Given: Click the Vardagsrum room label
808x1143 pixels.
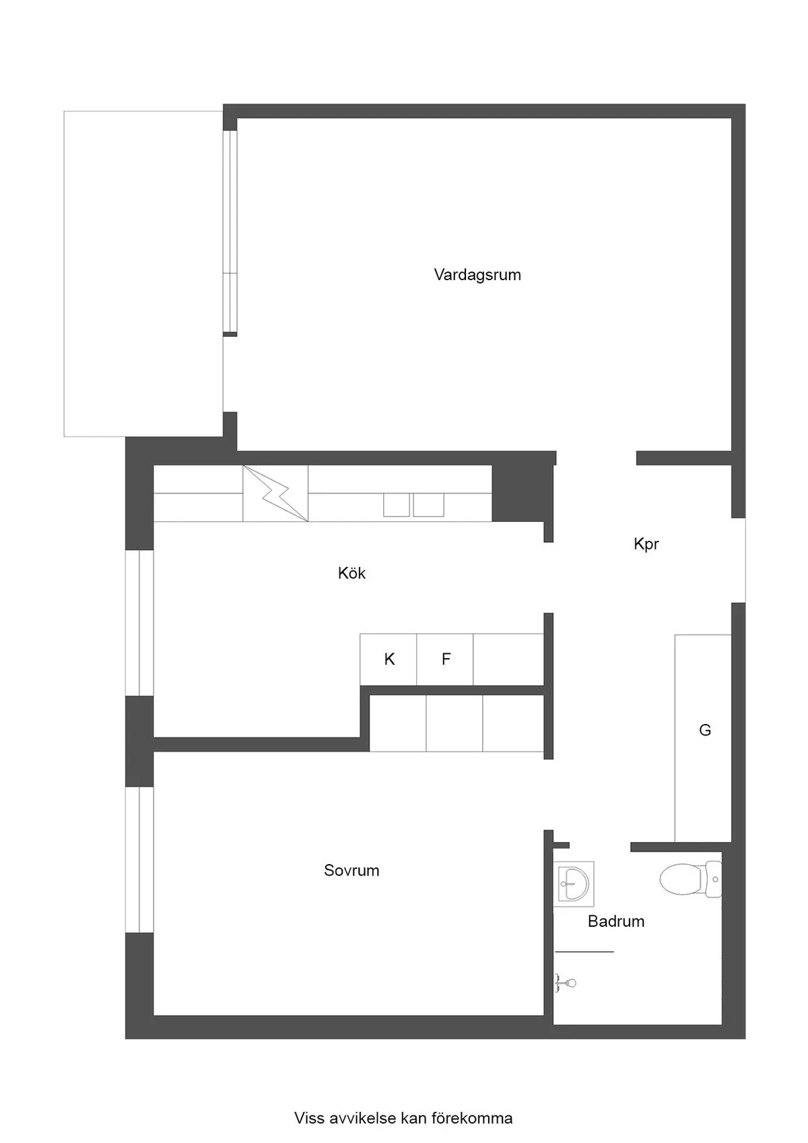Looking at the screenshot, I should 477,275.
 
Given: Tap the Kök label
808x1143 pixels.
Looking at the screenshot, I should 351,573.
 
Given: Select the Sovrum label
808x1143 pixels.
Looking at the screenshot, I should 351,870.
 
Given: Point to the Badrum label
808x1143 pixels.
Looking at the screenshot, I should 616,921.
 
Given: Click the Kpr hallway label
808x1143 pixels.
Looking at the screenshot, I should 646,544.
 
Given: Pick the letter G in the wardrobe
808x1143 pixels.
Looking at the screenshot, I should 705,730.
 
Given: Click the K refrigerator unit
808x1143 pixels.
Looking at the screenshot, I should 389,659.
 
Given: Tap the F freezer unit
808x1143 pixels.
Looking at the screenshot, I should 446,659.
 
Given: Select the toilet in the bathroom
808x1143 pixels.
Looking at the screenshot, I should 688,880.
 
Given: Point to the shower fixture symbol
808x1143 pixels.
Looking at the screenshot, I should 566,983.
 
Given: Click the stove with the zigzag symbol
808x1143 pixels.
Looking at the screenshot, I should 275,493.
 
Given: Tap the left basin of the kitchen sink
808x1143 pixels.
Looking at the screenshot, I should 397,505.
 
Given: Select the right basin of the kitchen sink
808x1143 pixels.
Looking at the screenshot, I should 428,505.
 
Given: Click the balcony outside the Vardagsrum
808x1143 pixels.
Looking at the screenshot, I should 143,273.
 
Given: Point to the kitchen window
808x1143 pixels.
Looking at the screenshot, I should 140,623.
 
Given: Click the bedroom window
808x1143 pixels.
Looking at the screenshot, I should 140,859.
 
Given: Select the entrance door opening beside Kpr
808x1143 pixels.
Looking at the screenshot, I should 739,560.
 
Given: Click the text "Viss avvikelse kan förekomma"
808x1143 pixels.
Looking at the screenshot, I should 403,1118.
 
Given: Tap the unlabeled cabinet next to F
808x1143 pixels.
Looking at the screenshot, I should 508,659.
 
